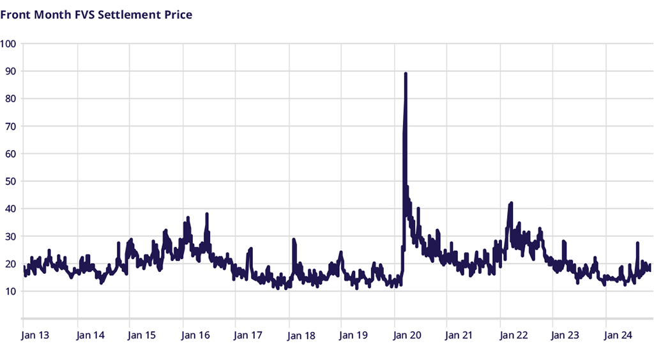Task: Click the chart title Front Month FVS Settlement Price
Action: (x=96, y=14)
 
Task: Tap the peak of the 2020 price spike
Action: (x=406, y=74)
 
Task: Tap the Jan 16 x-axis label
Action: (x=195, y=334)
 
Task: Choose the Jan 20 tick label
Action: (x=407, y=334)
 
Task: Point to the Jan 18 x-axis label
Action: (x=301, y=334)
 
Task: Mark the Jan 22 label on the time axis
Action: (x=513, y=334)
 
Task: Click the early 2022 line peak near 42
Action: (x=511, y=204)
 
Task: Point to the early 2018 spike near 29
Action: (x=294, y=239)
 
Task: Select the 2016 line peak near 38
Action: (x=207, y=214)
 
